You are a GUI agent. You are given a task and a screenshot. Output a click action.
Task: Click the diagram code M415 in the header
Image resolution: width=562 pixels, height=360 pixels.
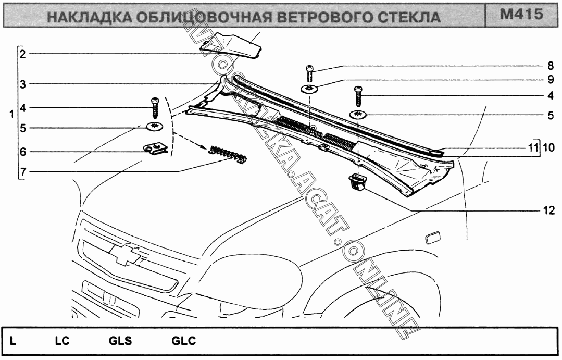point(521,14)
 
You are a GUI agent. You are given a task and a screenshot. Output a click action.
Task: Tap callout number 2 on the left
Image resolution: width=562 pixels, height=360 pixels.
point(22,53)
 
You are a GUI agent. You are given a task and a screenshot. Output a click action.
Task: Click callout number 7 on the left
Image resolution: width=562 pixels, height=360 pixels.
point(22,171)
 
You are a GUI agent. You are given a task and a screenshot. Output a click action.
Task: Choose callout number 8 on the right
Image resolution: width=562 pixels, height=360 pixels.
point(550,66)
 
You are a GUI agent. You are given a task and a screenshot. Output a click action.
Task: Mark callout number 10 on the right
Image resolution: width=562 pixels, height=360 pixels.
point(548,148)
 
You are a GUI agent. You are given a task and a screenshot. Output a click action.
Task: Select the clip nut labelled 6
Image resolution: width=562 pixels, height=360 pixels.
point(154,150)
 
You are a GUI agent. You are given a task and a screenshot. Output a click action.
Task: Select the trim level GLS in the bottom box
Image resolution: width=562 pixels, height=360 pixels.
point(120,342)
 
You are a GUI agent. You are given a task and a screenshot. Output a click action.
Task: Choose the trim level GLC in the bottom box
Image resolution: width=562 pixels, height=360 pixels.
point(184,342)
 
